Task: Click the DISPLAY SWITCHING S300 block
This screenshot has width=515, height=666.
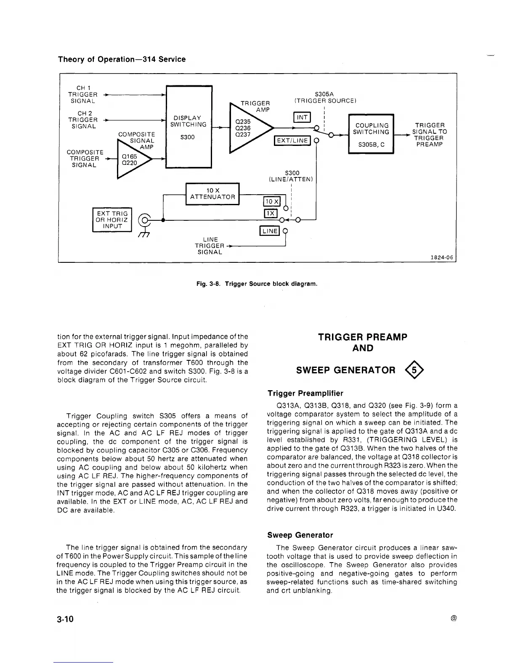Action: [189, 127]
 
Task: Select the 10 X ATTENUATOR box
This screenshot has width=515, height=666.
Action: [212, 194]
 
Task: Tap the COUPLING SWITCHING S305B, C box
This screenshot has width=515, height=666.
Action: [371, 134]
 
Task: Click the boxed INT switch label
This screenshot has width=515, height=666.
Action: [302, 117]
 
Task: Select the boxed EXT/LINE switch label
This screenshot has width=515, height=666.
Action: [292, 141]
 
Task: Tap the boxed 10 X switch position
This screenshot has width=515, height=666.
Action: [271, 202]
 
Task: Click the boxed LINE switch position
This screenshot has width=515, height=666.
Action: [270, 231]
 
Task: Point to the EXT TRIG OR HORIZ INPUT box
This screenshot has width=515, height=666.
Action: [112, 220]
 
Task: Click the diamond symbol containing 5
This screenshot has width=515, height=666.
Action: [414, 370]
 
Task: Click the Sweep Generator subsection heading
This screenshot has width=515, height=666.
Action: [300, 535]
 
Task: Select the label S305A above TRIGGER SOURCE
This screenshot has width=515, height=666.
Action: [324, 95]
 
